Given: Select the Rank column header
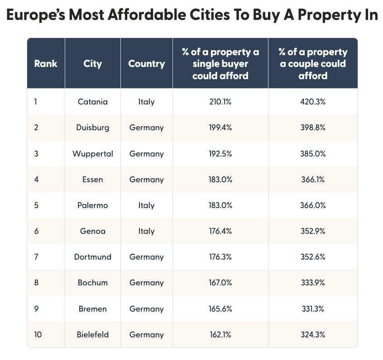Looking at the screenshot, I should (x=46, y=63).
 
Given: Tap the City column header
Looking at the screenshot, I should (x=93, y=63).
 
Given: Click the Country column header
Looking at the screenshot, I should (x=146, y=63).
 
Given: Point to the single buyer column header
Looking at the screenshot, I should (x=220, y=63).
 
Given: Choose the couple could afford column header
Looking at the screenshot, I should (x=313, y=63).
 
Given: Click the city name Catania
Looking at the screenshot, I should (x=93, y=102).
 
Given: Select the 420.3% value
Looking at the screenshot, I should (x=313, y=102).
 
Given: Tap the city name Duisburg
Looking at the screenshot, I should (x=93, y=128).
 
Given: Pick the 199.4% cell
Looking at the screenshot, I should (x=220, y=128).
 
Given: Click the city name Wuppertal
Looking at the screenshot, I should (x=93, y=154).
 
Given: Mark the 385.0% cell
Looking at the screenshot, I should (x=313, y=154).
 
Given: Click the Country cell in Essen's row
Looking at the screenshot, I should (x=146, y=180).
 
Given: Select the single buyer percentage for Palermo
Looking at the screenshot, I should (x=220, y=205).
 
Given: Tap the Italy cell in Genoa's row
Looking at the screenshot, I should (x=146, y=231).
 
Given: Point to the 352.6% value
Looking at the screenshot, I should (x=313, y=257).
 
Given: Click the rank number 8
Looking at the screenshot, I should (x=36, y=283).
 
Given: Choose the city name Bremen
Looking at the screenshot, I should (x=93, y=309).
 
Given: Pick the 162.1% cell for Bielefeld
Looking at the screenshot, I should (x=220, y=335).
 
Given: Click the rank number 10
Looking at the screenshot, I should (x=38, y=335).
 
